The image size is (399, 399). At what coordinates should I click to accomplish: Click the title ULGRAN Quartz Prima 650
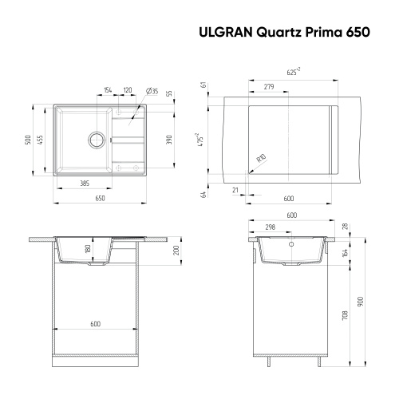pyautogui.click(x=282, y=34)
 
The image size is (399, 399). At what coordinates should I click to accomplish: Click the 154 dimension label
pyautogui.click(x=107, y=89)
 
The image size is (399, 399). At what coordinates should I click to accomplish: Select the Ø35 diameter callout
pyautogui.click(x=152, y=89)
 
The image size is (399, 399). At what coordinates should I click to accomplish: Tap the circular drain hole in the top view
pyautogui.click(x=97, y=139)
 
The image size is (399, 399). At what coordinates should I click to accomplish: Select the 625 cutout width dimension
pyautogui.click(x=293, y=71)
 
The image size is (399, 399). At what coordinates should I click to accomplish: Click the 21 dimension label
pyautogui.click(x=235, y=189)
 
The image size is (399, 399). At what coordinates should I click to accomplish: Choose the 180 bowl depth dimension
pyautogui.click(x=88, y=249)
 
